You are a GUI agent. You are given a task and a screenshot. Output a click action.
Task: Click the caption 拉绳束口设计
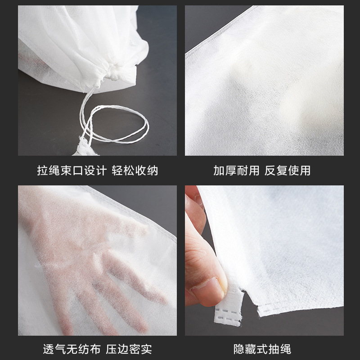click(x=72, y=171)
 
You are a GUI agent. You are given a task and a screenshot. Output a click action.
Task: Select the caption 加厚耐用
click(x=237, y=171)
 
